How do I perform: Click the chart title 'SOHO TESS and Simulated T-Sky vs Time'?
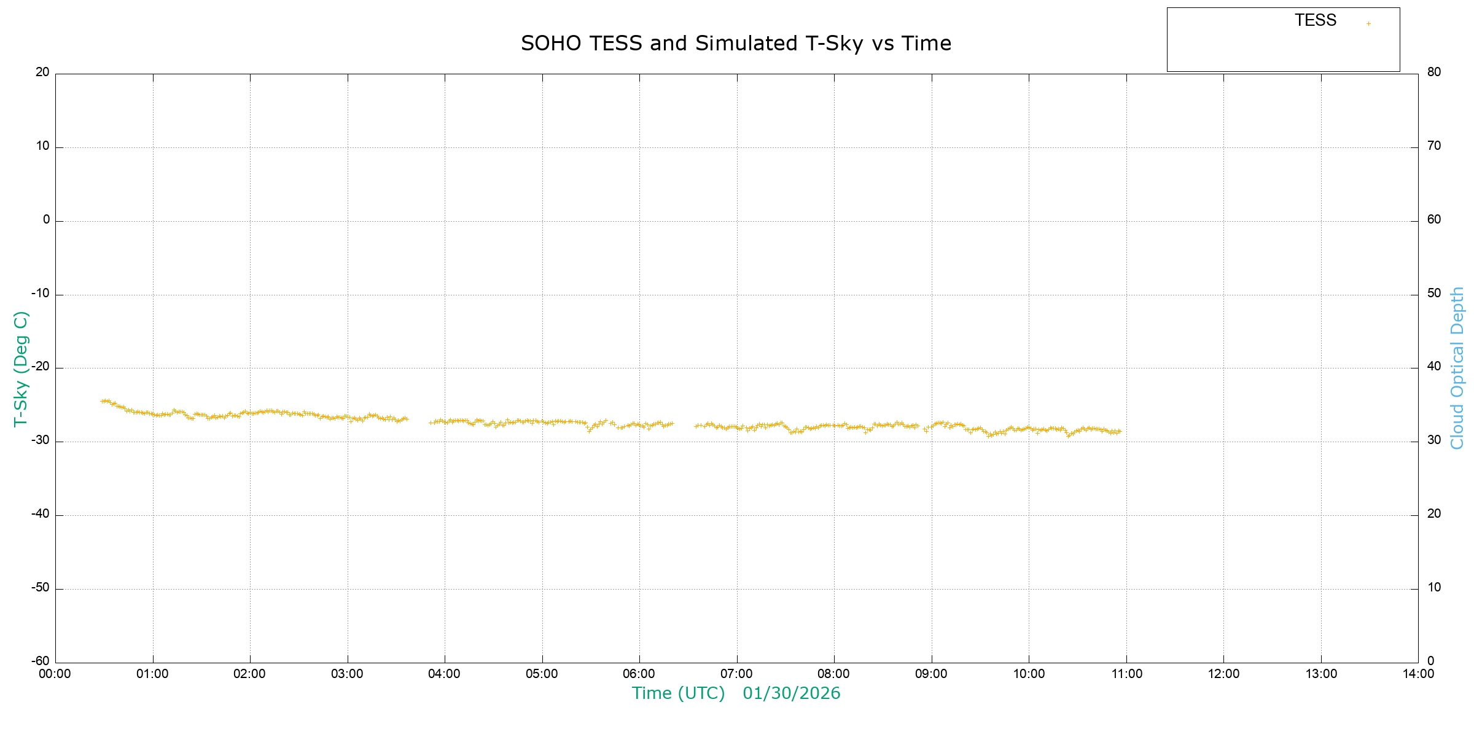point(736,44)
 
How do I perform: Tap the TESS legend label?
point(1316,21)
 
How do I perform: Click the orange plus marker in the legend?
point(1368,24)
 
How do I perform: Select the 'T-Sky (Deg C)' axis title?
point(21,369)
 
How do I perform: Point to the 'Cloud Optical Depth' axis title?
point(1457,368)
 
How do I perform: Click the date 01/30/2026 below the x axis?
point(791,693)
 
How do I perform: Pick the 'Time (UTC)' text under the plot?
point(678,693)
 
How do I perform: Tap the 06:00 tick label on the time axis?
point(639,674)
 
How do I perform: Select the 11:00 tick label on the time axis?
point(1126,674)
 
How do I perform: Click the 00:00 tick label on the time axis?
point(55,674)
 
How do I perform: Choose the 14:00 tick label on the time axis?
point(1418,674)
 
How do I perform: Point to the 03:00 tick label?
point(348,674)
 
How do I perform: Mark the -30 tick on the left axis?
point(41,441)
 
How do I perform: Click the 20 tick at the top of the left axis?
point(42,72)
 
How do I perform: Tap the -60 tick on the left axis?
point(41,661)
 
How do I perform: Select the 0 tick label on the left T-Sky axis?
point(47,220)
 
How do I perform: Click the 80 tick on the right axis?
point(1434,72)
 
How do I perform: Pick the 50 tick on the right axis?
point(1434,293)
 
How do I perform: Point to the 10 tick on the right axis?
point(1434,588)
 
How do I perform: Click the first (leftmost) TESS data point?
point(102,401)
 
